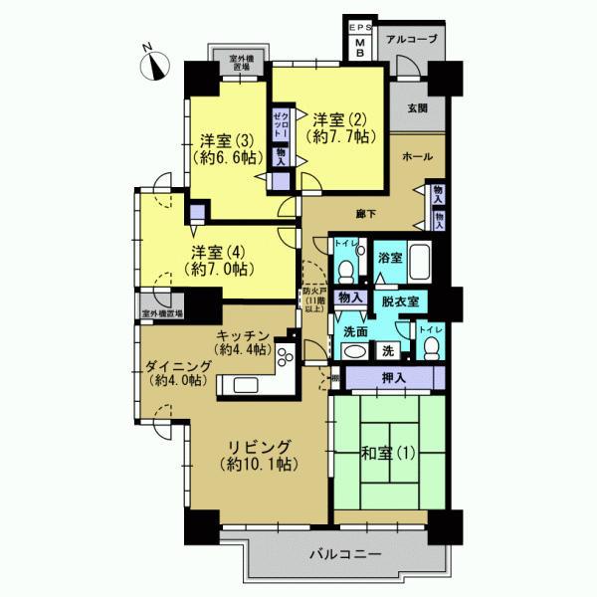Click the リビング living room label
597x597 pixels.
click(257, 455)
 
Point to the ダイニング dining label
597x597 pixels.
click(176, 372)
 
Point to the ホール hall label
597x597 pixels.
click(418, 158)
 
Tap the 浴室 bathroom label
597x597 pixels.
click(389, 258)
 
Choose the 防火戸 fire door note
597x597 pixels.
click(314, 300)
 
